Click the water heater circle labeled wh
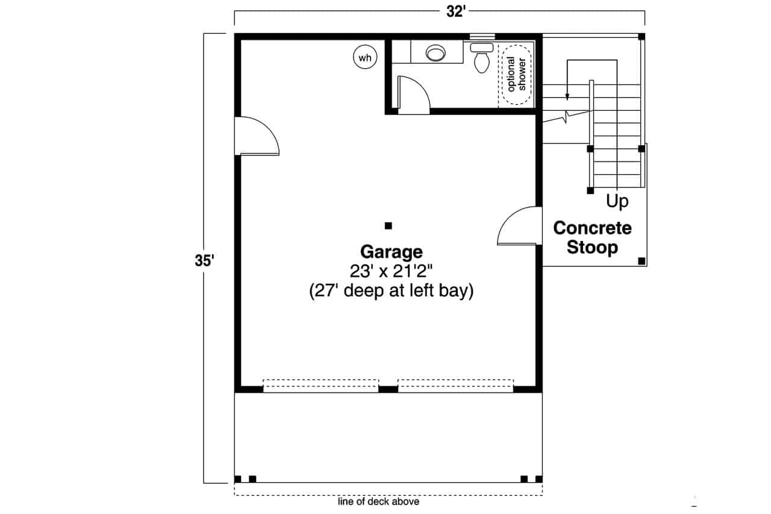pos(364,58)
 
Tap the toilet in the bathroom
pos(481,58)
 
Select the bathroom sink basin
pos(435,54)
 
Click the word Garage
pos(391,251)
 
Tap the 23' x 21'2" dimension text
pos(391,271)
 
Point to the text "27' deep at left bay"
pos(391,291)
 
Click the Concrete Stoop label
pos(592,237)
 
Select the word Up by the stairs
pos(617,201)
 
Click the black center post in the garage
pos(389,226)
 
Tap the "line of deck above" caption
pos(379,501)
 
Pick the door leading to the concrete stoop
pos(519,227)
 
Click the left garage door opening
pos(321,386)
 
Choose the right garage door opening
pos(455,386)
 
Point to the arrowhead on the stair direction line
pos(567,97)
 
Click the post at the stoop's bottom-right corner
pos(641,261)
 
